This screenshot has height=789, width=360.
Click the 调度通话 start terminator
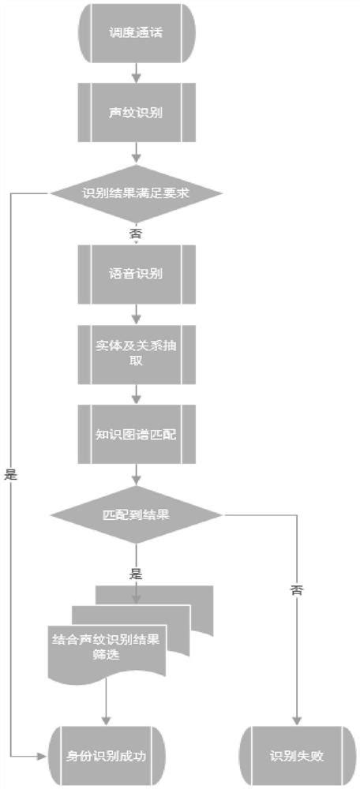[137, 35]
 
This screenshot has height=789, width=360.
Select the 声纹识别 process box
[137, 111]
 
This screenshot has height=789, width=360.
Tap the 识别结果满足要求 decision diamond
[137, 193]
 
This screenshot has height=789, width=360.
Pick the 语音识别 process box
[137, 274]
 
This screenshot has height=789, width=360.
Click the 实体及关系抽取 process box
[137, 353]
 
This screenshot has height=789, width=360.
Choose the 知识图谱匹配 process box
[137, 433]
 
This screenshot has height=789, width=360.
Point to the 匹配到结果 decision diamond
[137, 514]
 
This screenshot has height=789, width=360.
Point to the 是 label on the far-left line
[11, 475]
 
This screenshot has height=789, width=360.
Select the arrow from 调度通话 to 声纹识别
[137, 73]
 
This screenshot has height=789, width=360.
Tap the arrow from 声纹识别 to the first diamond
[137, 151]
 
